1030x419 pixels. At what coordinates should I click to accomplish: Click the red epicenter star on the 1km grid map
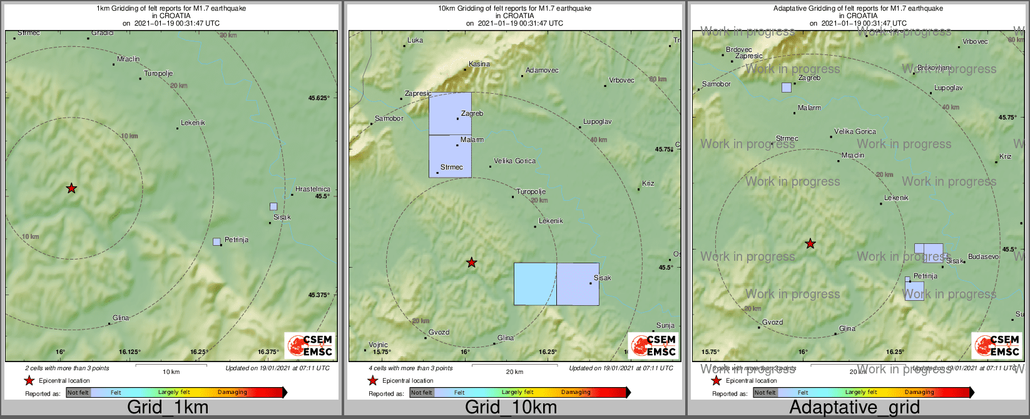click(x=71, y=188)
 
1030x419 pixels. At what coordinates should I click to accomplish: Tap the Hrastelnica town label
click(x=312, y=189)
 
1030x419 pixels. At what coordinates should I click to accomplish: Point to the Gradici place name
click(x=102, y=33)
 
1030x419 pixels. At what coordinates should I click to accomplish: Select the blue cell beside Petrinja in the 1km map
click(x=217, y=241)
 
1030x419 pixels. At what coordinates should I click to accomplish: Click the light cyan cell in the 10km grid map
click(x=535, y=284)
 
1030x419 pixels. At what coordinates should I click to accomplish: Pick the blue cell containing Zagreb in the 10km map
click(x=450, y=113)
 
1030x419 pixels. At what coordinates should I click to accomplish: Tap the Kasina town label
click(x=479, y=64)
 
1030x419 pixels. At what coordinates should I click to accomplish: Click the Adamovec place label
click(x=542, y=71)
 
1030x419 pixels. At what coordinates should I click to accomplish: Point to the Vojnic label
click(x=378, y=345)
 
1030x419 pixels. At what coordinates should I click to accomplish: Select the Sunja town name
click(x=665, y=325)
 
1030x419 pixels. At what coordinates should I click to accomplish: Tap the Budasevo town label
click(x=983, y=257)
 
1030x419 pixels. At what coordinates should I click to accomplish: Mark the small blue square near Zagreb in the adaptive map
click(x=786, y=88)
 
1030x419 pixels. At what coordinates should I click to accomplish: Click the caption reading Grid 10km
click(x=511, y=408)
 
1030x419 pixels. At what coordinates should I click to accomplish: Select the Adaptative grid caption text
click(x=854, y=408)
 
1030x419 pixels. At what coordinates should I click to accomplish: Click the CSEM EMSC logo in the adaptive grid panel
click(x=996, y=345)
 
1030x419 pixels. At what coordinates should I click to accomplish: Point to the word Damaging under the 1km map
click(x=232, y=392)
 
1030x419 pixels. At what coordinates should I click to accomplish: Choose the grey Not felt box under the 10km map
click(x=422, y=393)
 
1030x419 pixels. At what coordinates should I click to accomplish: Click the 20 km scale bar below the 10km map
click(x=514, y=365)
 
